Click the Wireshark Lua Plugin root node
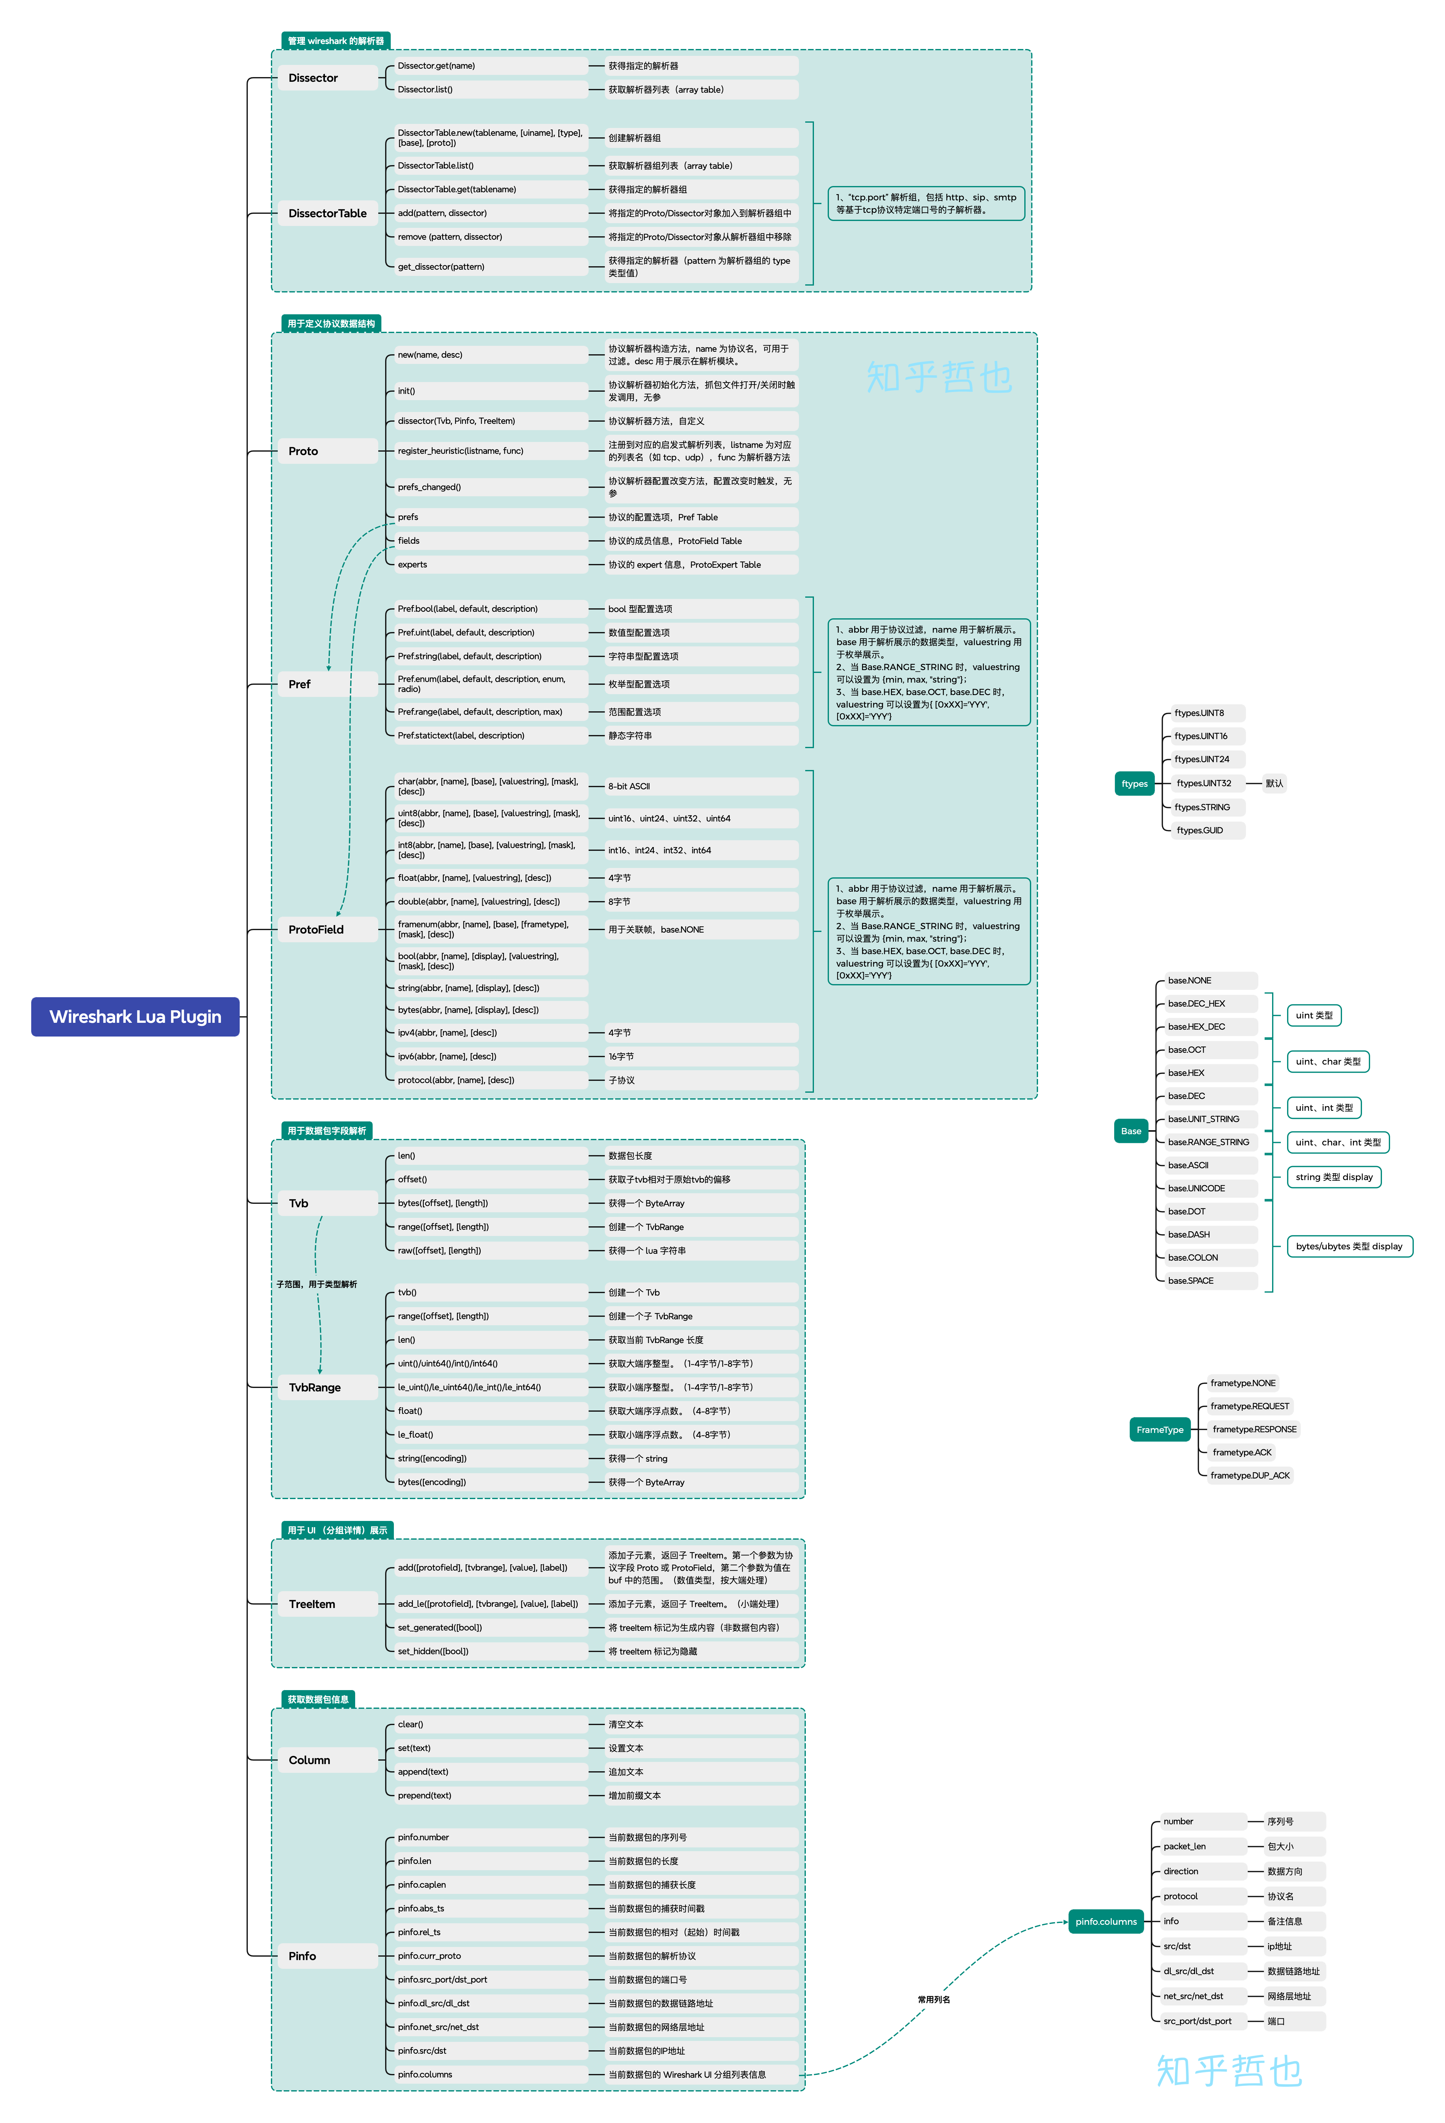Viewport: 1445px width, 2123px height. pos(135,1017)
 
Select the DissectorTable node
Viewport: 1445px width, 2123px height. pos(327,213)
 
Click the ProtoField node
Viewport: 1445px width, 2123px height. pos(316,929)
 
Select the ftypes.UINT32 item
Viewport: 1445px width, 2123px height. pos(1204,783)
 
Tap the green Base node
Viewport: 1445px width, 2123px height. pos(1131,1131)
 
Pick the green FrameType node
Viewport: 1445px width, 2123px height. pos(1160,1430)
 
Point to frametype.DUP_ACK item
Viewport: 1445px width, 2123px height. pos(1250,1475)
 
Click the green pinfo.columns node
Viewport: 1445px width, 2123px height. pos(1106,1921)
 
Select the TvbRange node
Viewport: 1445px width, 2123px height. pos(315,1388)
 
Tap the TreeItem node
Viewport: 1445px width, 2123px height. pos(312,1604)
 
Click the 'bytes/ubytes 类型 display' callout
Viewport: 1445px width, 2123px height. pos(1349,1246)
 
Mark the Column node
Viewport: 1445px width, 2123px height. pos(310,1760)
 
